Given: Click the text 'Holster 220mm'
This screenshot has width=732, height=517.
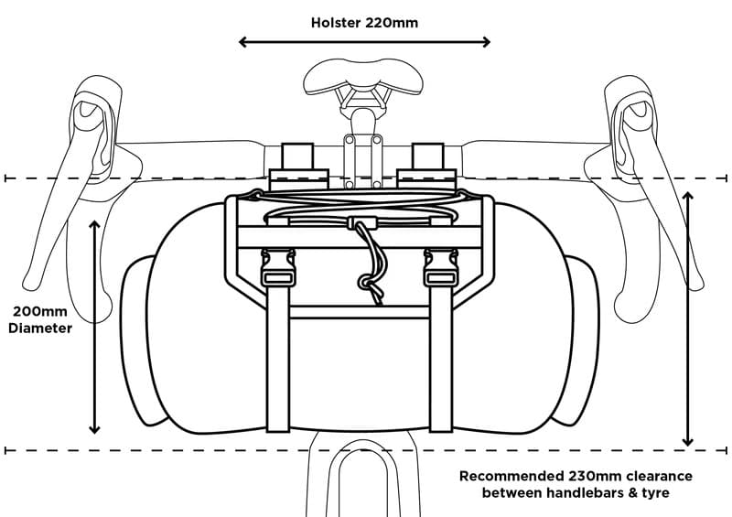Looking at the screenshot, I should click(x=364, y=22).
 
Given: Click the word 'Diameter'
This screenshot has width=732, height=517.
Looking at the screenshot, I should click(x=39, y=328).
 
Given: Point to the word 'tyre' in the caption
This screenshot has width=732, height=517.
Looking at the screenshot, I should click(x=656, y=493).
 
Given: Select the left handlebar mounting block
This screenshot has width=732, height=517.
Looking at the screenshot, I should click(x=298, y=165).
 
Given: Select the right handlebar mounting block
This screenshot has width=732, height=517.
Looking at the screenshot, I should click(x=427, y=165).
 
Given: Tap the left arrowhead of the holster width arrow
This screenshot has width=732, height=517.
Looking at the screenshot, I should click(x=243, y=41).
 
